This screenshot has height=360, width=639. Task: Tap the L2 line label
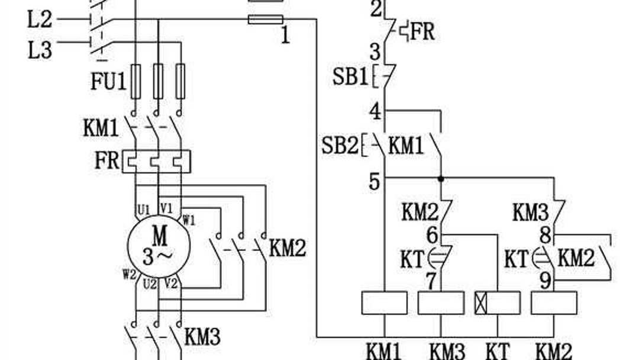click(40, 21)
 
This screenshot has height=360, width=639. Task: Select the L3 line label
click(40, 50)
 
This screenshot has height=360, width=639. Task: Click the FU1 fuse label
click(108, 82)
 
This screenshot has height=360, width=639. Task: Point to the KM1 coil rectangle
click(384, 303)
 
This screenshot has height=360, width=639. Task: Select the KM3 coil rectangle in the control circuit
click(441, 303)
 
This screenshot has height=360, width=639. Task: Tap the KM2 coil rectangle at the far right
click(554, 303)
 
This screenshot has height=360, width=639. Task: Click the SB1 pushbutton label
click(350, 77)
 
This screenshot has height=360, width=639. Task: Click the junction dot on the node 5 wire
click(441, 178)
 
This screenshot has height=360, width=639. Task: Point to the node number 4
click(375, 111)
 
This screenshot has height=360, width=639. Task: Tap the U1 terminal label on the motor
click(144, 209)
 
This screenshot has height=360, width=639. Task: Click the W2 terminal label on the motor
click(130, 274)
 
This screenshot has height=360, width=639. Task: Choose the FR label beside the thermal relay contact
click(422, 31)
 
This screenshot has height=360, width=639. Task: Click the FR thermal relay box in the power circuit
click(157, 162)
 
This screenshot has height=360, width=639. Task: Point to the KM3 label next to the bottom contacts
click(202, 337)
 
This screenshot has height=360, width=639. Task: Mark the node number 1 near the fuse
click(285, 37)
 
